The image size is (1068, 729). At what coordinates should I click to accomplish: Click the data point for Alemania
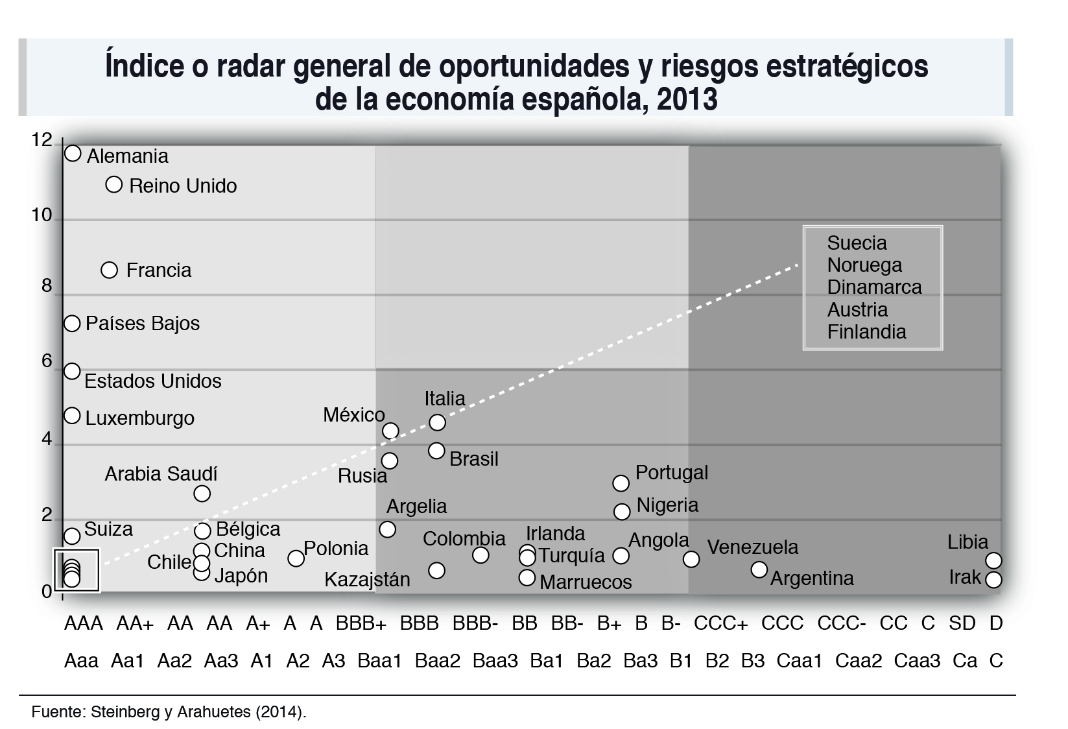click(x=73, y=154)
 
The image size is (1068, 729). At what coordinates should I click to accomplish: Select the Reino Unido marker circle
click(x=113, y=185)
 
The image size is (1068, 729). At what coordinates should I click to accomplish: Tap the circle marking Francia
click(x=110, y=270)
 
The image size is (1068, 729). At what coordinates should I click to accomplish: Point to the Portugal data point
click(x=621, y=483)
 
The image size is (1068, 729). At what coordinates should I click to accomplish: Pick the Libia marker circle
click(x=993, y=560)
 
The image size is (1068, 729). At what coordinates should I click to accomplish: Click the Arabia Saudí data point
click(x=202, y=494)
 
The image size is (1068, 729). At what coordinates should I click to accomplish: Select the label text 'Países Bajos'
click(x=143, y=323)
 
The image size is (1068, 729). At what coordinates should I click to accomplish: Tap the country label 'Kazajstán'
click(x=367, y=579)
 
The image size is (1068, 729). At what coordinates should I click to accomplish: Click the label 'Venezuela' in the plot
click(x=752, y=547)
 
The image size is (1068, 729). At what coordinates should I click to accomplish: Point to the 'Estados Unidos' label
click(x=153, y=381)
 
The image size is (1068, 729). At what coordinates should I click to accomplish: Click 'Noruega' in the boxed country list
click(x=864, y=265)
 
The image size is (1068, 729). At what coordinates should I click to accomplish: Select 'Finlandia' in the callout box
click(x=866, y=331)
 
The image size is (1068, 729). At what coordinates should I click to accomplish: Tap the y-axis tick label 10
click(x=42, y=215)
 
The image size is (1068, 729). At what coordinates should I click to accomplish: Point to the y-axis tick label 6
click(x=47, y=361)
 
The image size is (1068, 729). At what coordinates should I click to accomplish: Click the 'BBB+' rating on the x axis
click(x=361, y=623)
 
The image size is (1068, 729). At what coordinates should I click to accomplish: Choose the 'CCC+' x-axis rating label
click(x=720, y=623)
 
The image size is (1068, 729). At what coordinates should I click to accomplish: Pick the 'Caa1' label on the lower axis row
click(x=799, y=661)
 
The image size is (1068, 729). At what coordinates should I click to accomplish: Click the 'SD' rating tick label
click(x=962, y=623)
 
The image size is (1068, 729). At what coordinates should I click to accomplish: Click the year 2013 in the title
click(x=688, y=100)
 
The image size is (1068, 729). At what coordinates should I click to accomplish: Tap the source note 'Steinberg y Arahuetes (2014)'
click(x=198, y=711)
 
